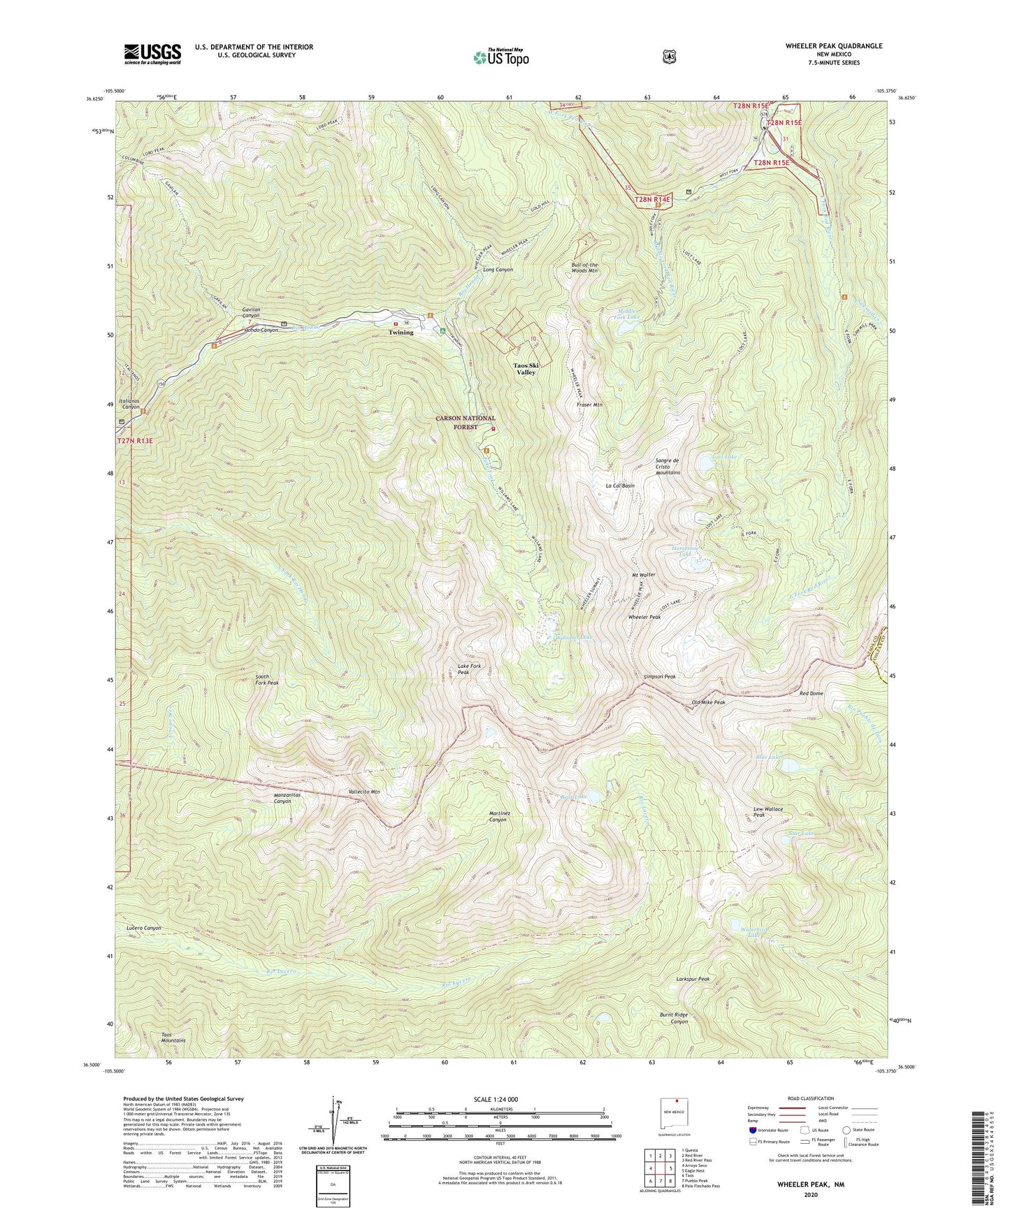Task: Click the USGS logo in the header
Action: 152,54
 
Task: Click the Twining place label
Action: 401,333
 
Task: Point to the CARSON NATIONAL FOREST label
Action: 466,423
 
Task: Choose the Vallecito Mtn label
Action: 363,792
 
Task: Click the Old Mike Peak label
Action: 708,702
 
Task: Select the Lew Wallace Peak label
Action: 768,812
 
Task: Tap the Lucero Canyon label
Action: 144,928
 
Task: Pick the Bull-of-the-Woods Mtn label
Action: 584,268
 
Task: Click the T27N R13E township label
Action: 134,441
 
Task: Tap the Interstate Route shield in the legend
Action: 752,1130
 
